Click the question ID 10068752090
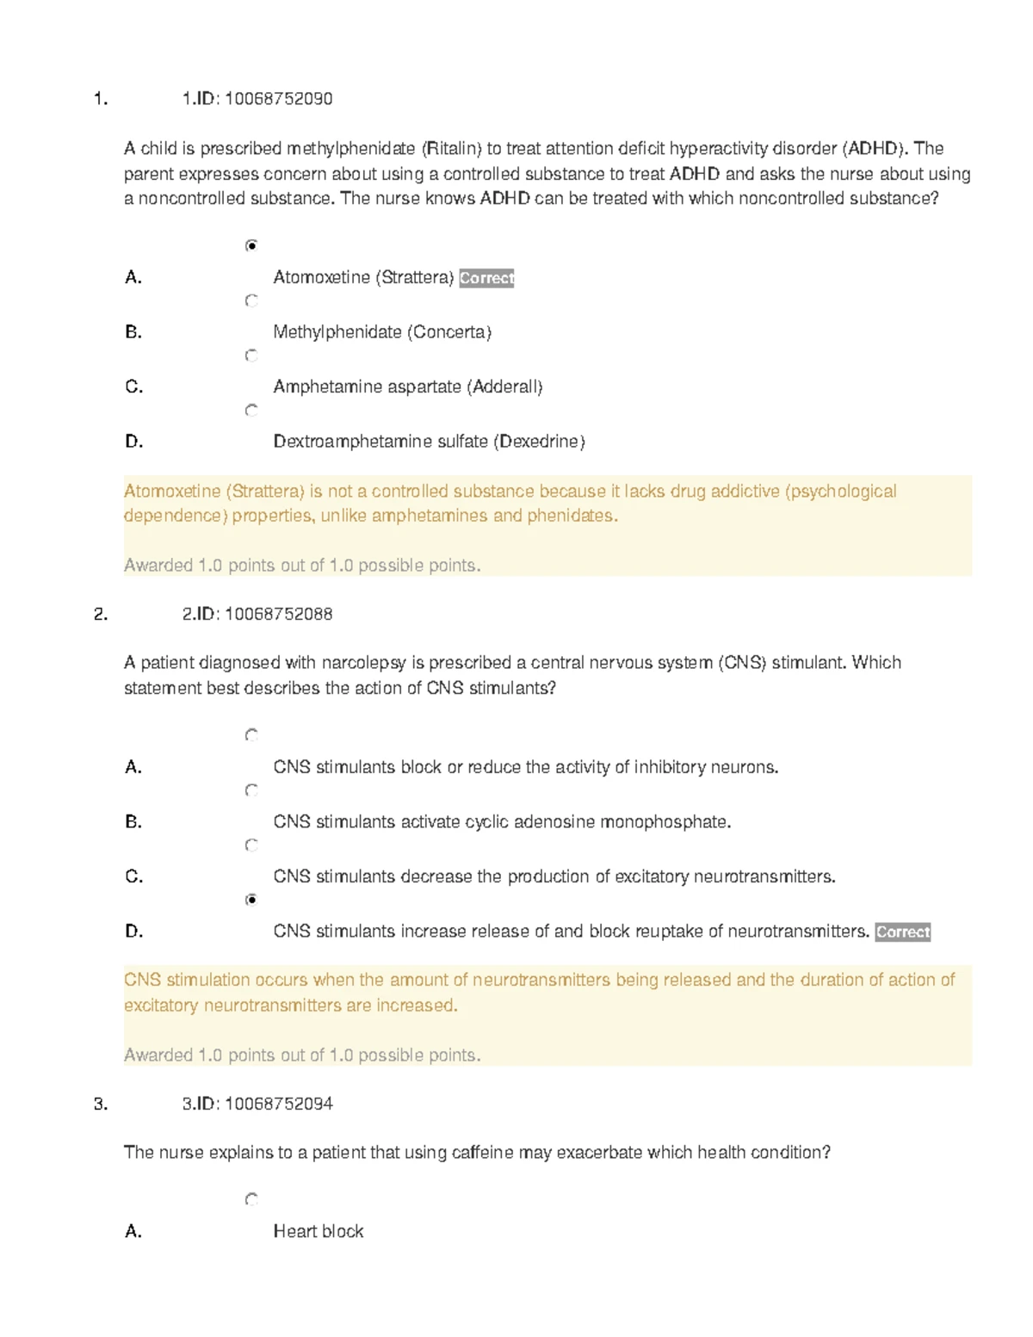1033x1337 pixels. pyautogui.click(x=278, y=99)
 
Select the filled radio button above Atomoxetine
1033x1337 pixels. pyautogui.click(x=251, y=246)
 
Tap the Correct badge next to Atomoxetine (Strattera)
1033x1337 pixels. pyautogui.click(x=486, y=278)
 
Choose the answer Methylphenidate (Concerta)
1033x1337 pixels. pyautogui.click(x=382, y=332)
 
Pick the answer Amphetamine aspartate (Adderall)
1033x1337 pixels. pyautogui.click(x=408, y=387)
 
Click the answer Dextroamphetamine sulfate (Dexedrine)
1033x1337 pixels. pyautogui.click(x=429, y=442)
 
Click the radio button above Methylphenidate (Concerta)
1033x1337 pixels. pyautogui.click(x=251, y=300)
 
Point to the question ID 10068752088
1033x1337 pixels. pyautogui.click(x=278, y=615)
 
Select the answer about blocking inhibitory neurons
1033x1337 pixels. pyautogui.click(x=525, y=767)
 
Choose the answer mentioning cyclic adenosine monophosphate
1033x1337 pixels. pyautogui.click(x=502, y=822)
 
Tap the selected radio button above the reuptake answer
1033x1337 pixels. pyautogui.click(x=251, y=900)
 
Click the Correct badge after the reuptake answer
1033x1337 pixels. pyautogui.click(x=902, y=932)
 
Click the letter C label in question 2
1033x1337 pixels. pyautogui.click(x=133, y=876)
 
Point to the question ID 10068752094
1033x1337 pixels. pyautogui.click(x=278, y=1105)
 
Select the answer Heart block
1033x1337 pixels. pyautogui.click(x=318, y=1232)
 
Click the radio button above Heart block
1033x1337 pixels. pyautogui.click(x=251, y=1199)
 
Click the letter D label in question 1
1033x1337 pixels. pyautogui.click(x=133, y=442)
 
